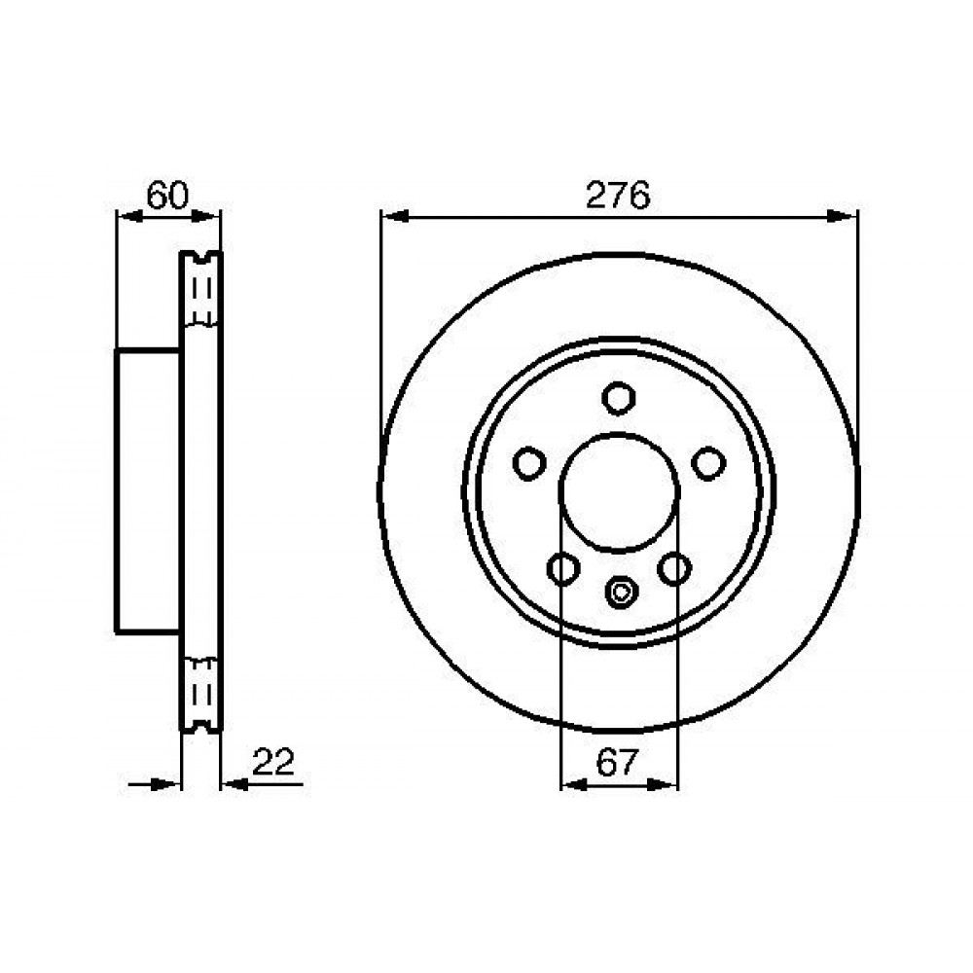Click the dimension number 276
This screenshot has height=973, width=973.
pos(618,195)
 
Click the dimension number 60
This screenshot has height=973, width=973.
pos(167,195)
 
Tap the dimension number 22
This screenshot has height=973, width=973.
pos(273,762)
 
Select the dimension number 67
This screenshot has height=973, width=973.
pos(617,763)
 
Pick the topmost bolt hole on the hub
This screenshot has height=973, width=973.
pos(619,398)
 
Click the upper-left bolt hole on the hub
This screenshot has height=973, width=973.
pos(529,463)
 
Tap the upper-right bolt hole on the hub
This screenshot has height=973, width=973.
pos(708,463)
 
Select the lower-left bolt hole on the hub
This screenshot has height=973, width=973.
pos(563,568)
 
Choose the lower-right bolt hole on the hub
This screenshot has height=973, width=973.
pos(674,568)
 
